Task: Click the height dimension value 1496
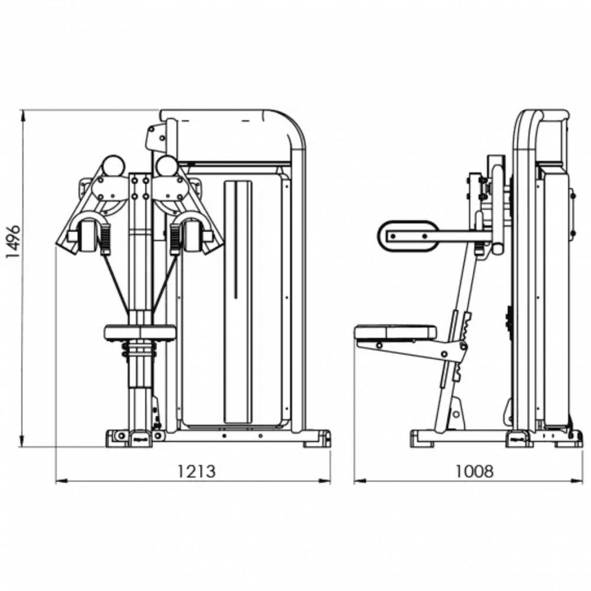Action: click(x=13, y=241)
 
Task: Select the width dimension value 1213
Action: click(x=196, y=471)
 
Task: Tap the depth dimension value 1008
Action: click(x=475, y=471)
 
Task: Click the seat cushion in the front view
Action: click(x=140, y=332)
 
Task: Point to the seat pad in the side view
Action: click(x=396, y=332)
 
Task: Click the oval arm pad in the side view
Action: click(x=408, y=236)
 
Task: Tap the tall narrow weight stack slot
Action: click(x=238, y=301)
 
